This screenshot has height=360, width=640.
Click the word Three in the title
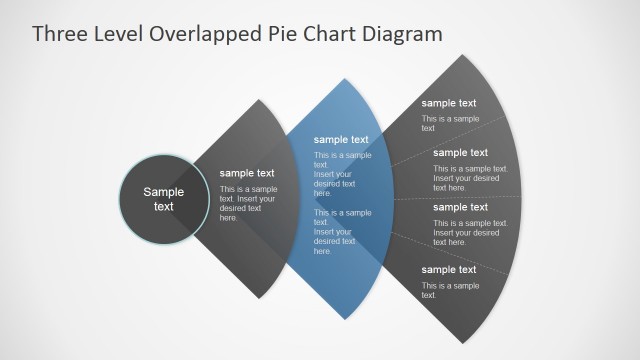(x=57, y=34)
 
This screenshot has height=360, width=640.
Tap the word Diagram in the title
(x=400, y=34)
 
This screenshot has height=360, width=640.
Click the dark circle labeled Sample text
(x=163, y=199)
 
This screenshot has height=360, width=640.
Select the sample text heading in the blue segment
(x=341, y=140)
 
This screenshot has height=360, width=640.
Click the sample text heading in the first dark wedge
(x=247, y=173)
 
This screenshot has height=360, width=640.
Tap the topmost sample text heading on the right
(x=449, y=103)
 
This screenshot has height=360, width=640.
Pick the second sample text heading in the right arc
(x=461, y=153)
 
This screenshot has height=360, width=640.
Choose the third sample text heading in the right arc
(x=461, y=207)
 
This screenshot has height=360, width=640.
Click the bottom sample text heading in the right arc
(x=449, y=270)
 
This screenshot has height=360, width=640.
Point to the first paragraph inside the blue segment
(x=343, y=174)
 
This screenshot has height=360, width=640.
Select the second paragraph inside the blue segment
(x=343, y=231)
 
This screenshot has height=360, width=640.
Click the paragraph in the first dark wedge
(x=248, y=203)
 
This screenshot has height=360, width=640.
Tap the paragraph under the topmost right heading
(x=450, y=123)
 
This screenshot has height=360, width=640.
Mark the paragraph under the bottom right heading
(x=450, y=290)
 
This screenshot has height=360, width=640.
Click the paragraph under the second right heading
(x=470, y=178)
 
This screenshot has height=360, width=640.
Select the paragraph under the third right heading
(x=470, y=232)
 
